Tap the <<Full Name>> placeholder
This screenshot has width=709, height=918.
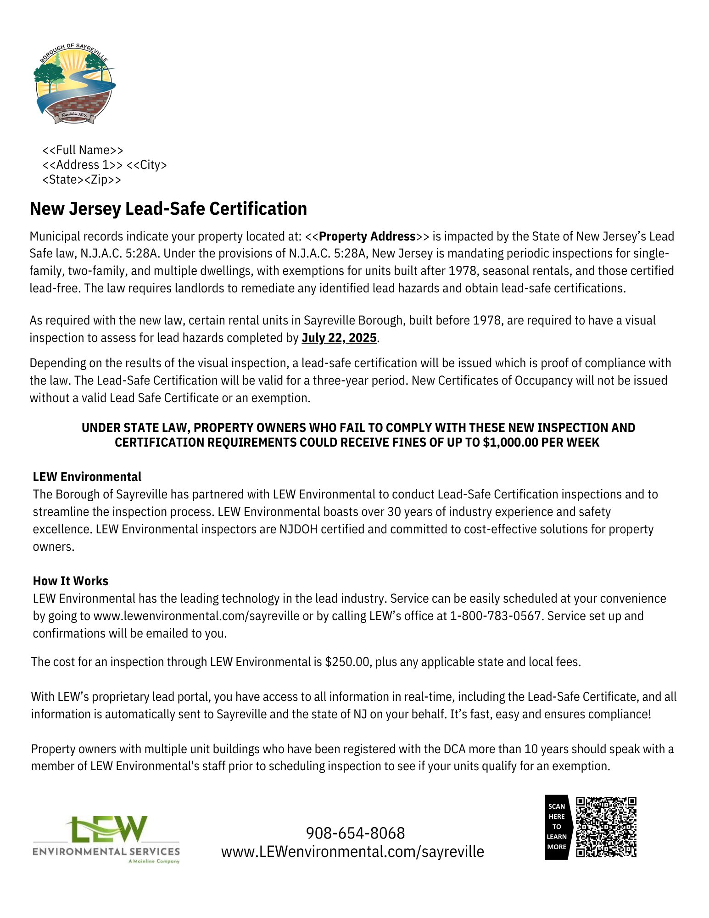83,150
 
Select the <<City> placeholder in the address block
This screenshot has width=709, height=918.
146,165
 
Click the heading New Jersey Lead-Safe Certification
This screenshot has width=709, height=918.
168,209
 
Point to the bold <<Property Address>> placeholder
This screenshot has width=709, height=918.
367,236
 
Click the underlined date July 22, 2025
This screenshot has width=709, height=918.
339,338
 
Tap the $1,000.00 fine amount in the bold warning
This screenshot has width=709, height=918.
509,442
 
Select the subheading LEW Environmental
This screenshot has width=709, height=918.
87,477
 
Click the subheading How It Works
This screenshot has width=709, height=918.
71,581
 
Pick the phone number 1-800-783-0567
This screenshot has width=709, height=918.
496,616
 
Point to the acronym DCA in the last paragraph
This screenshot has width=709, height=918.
454,749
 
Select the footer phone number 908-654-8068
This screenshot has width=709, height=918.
355,833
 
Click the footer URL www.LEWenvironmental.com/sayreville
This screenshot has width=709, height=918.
352,852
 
